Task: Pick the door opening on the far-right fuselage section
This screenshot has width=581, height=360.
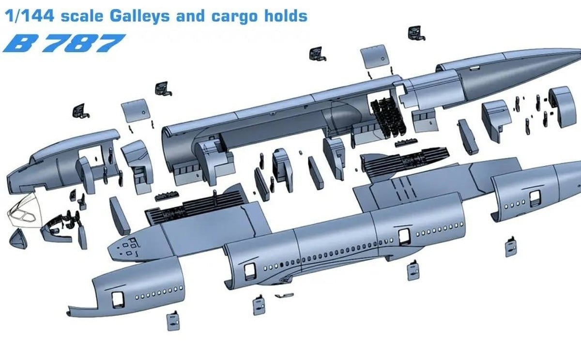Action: click(x=535, y=197)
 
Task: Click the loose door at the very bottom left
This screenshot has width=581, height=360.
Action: click(x=173, y=322)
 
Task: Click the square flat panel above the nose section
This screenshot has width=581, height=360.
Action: click(x=134, y=111)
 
